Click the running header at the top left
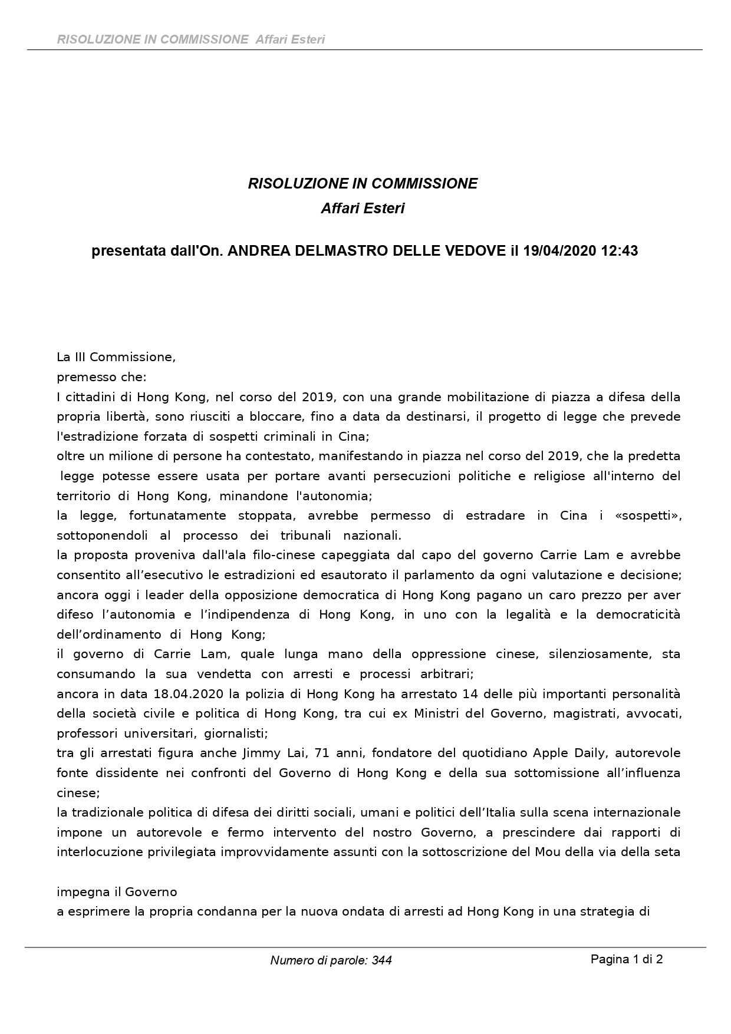pos(191,39)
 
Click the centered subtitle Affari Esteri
pos(363,209)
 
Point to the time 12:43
pos(619,251)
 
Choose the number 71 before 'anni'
pos(308,753)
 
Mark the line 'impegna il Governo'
pos(117,892)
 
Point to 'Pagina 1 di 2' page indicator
pos(627,959)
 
